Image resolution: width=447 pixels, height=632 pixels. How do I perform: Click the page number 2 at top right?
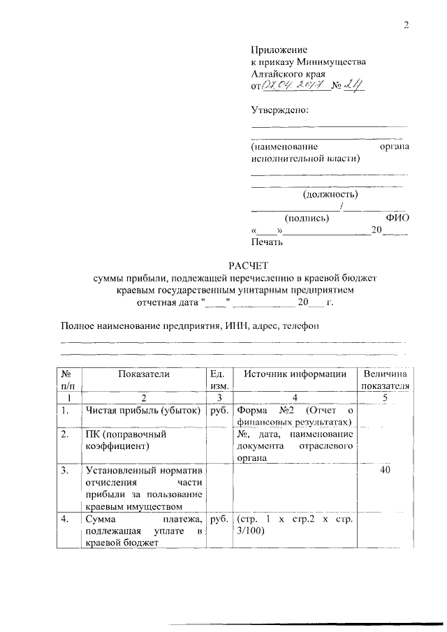click(x=405, y=26)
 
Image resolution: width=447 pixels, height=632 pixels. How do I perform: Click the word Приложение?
click(x=279, y=50)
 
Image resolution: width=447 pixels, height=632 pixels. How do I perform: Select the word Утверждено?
click(x=279, y=110)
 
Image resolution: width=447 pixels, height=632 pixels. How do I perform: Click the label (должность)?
click(x=331, y=194)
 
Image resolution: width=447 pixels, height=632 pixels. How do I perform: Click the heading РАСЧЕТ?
click(x=249, y=265)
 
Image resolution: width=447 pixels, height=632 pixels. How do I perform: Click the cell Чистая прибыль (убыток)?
click(x=143, y=411)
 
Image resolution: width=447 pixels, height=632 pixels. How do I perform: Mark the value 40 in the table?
click(x=384, y=471)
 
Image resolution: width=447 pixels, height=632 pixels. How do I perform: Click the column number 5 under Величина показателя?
click(x=384, y=397)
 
